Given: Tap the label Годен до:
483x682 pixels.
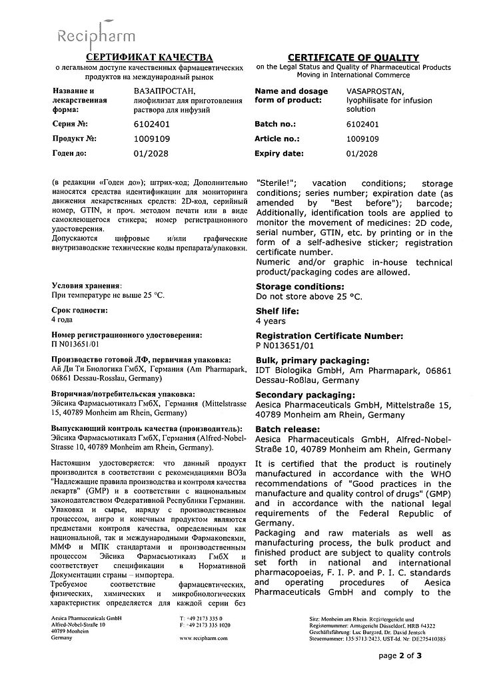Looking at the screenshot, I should point(71,153).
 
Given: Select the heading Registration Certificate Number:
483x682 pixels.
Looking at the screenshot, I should point(329,336).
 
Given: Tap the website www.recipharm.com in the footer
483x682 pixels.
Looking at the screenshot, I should point(205,638).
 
